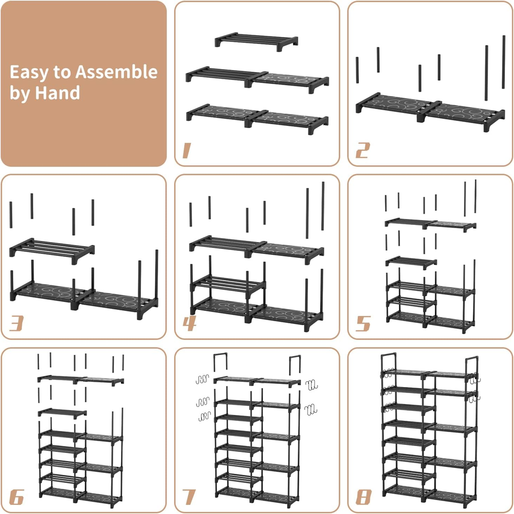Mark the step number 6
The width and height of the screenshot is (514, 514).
tap(17, 497)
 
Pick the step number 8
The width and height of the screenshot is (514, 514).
tap(363, 497)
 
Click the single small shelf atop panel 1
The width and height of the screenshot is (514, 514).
tap(257, 41)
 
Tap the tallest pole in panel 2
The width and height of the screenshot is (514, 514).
tap(503, 62)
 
